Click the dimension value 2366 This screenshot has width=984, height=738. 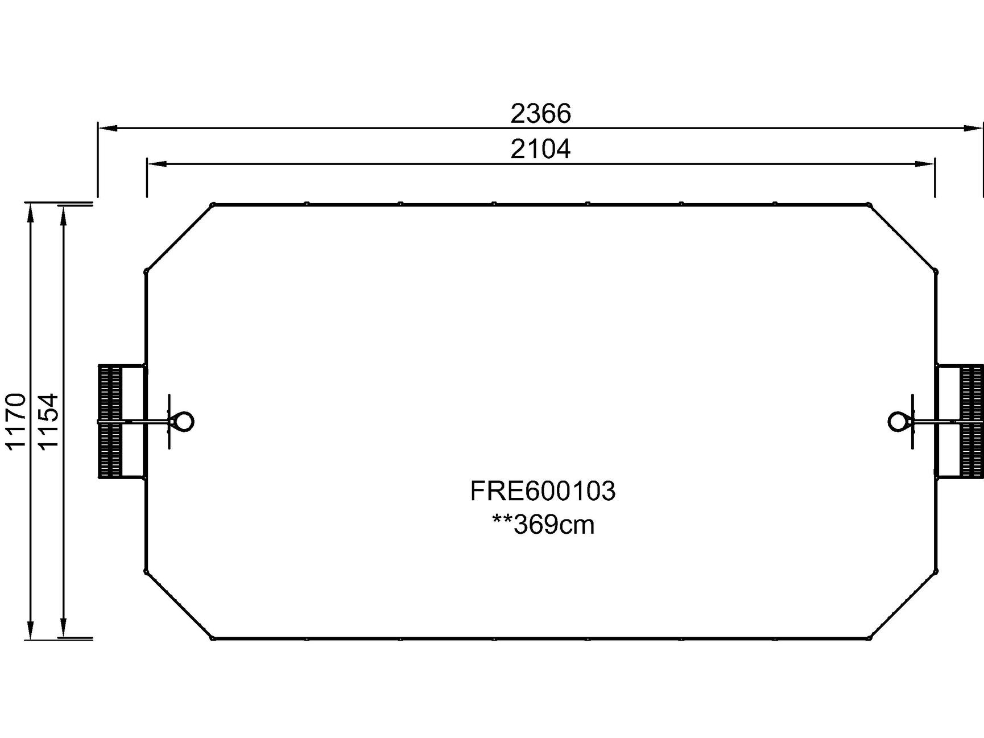tap(540, 114)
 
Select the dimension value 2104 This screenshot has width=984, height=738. tap(540, 150)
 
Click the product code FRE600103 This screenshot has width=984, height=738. tap(543, 491)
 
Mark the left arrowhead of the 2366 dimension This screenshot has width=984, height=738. tap(108, 128)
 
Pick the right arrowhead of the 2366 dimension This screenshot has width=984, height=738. tap(973, 128)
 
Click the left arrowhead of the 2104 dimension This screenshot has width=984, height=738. tap(157, 164)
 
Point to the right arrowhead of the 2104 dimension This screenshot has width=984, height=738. tap(925, 164)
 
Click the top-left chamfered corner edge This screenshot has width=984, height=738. tap(179, 237)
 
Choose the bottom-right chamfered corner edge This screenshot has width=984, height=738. tap(903, 604)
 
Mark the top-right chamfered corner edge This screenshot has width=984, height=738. tap(903, 237)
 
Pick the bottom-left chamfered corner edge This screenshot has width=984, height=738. tap(179, 604)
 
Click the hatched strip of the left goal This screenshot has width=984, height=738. tap(110, 422)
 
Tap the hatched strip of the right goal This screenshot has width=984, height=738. tap(972, 422)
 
